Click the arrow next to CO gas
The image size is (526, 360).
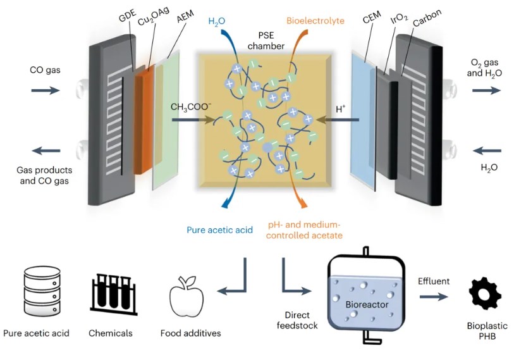pos(45,90)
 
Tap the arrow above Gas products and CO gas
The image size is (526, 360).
pos(46,151)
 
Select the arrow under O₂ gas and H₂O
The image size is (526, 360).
pos(486,90)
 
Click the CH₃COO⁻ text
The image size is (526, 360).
pos(190,108)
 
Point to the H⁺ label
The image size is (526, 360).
pos(340,108)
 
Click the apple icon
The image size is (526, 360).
pos(185,295)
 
